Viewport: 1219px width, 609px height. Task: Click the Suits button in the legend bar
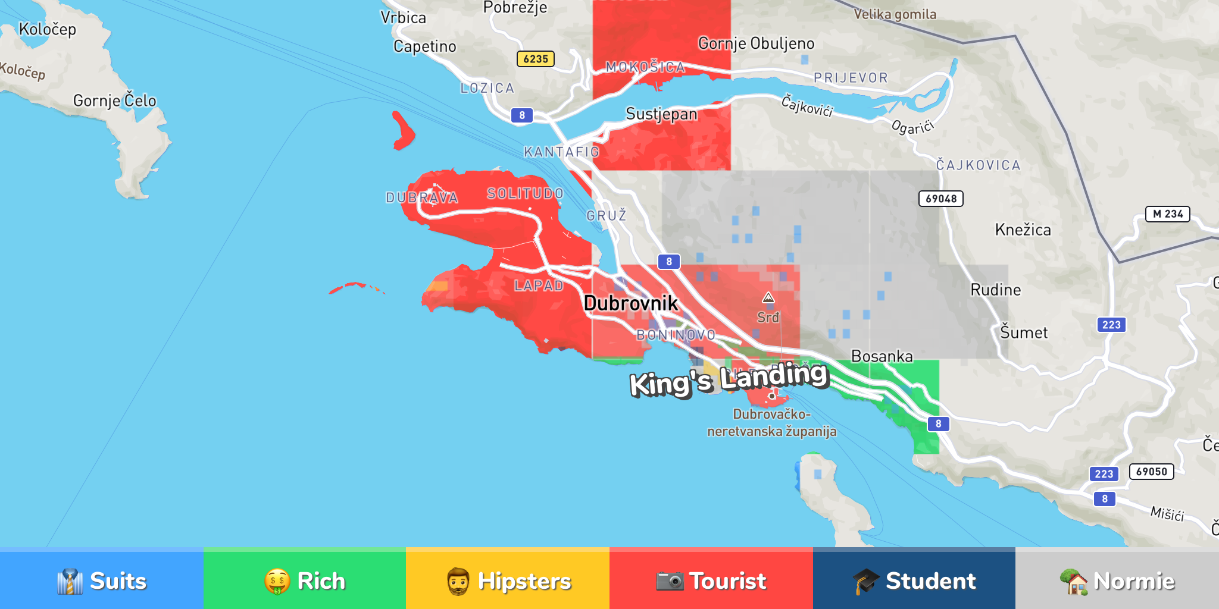[101, 580]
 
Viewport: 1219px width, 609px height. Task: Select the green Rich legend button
[304, 580]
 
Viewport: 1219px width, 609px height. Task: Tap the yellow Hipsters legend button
[508, 580]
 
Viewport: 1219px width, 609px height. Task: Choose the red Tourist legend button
[711, 580]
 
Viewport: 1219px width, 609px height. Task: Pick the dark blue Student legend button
[914, 580]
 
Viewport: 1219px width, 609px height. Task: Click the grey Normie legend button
[1117, 580]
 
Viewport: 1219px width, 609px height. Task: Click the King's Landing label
[729, 379]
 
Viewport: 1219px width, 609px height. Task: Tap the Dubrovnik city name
[630, 303]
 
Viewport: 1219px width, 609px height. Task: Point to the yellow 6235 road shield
[535, 59]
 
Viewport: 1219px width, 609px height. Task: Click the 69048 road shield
[940, 199]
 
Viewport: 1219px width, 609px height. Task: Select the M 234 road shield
[1167, 214]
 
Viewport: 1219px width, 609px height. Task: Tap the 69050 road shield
[1151, 472]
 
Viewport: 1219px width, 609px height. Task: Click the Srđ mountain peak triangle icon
[768, 298]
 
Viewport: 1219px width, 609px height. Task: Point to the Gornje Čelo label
[115, 101]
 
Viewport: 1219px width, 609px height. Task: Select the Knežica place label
[1023, 230]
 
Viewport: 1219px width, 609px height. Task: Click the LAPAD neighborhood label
[539, 285]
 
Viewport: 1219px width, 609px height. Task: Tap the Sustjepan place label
[661, 114]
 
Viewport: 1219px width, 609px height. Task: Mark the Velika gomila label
[895, 14]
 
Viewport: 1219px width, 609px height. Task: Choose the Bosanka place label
[882, 356]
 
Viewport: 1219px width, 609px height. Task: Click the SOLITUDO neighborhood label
[525, 193]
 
